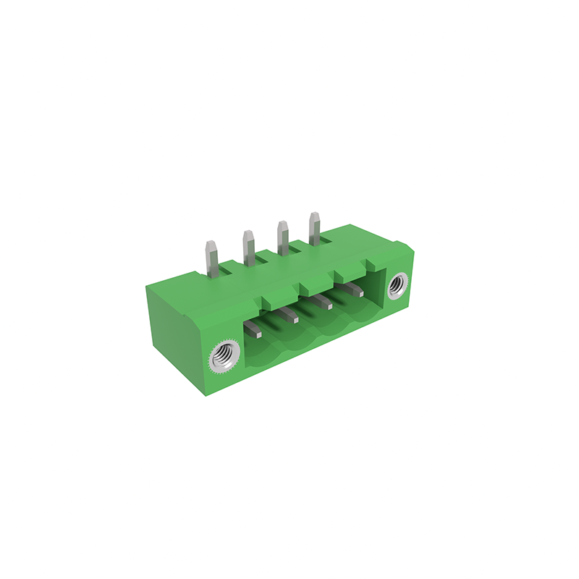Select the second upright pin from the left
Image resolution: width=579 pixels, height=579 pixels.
(x=248, y=249)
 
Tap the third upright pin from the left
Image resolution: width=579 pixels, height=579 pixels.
(x=282, y=239)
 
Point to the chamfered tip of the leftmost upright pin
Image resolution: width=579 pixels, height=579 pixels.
(x=212, y=245)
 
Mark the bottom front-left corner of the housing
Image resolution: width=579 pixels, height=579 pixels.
(x=202, y=397)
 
